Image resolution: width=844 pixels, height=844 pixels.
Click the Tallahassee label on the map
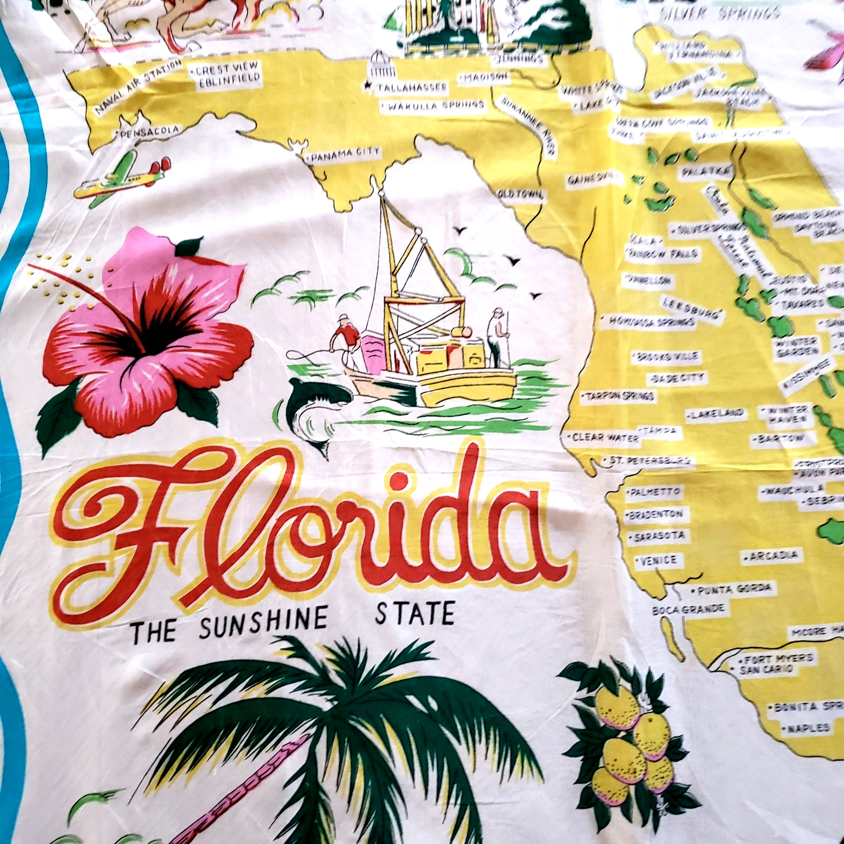click(x=412, y=87)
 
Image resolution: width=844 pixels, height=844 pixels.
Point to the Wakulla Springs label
click(x=433, y=105)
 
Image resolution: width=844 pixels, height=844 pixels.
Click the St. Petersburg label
click(x=649, y=461)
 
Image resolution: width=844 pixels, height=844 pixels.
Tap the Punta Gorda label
click(x=733, y=589)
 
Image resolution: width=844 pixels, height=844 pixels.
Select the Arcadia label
click(x=773, y=555)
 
